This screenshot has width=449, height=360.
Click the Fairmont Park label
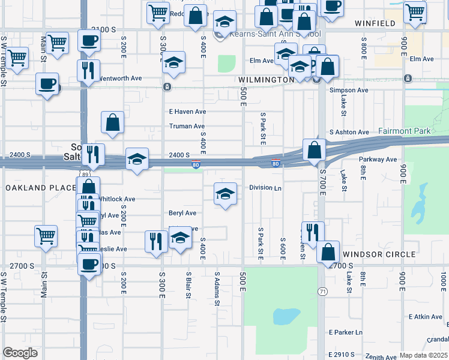403,130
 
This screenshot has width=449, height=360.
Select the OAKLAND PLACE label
40,188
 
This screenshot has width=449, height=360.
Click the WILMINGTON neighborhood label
266,80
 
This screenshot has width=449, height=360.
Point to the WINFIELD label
375,23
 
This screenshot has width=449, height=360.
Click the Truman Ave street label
187,126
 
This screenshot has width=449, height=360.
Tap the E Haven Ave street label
187,112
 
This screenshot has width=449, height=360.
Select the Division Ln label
265,188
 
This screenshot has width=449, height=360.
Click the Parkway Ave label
378,160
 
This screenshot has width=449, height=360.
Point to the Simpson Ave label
349,90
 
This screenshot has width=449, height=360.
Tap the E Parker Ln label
346,332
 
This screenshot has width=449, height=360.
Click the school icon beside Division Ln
225,193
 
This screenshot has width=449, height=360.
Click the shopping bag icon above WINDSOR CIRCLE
328,251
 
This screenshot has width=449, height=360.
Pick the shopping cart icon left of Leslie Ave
46,236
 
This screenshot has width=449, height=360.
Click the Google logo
20,353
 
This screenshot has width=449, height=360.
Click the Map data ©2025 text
423,355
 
